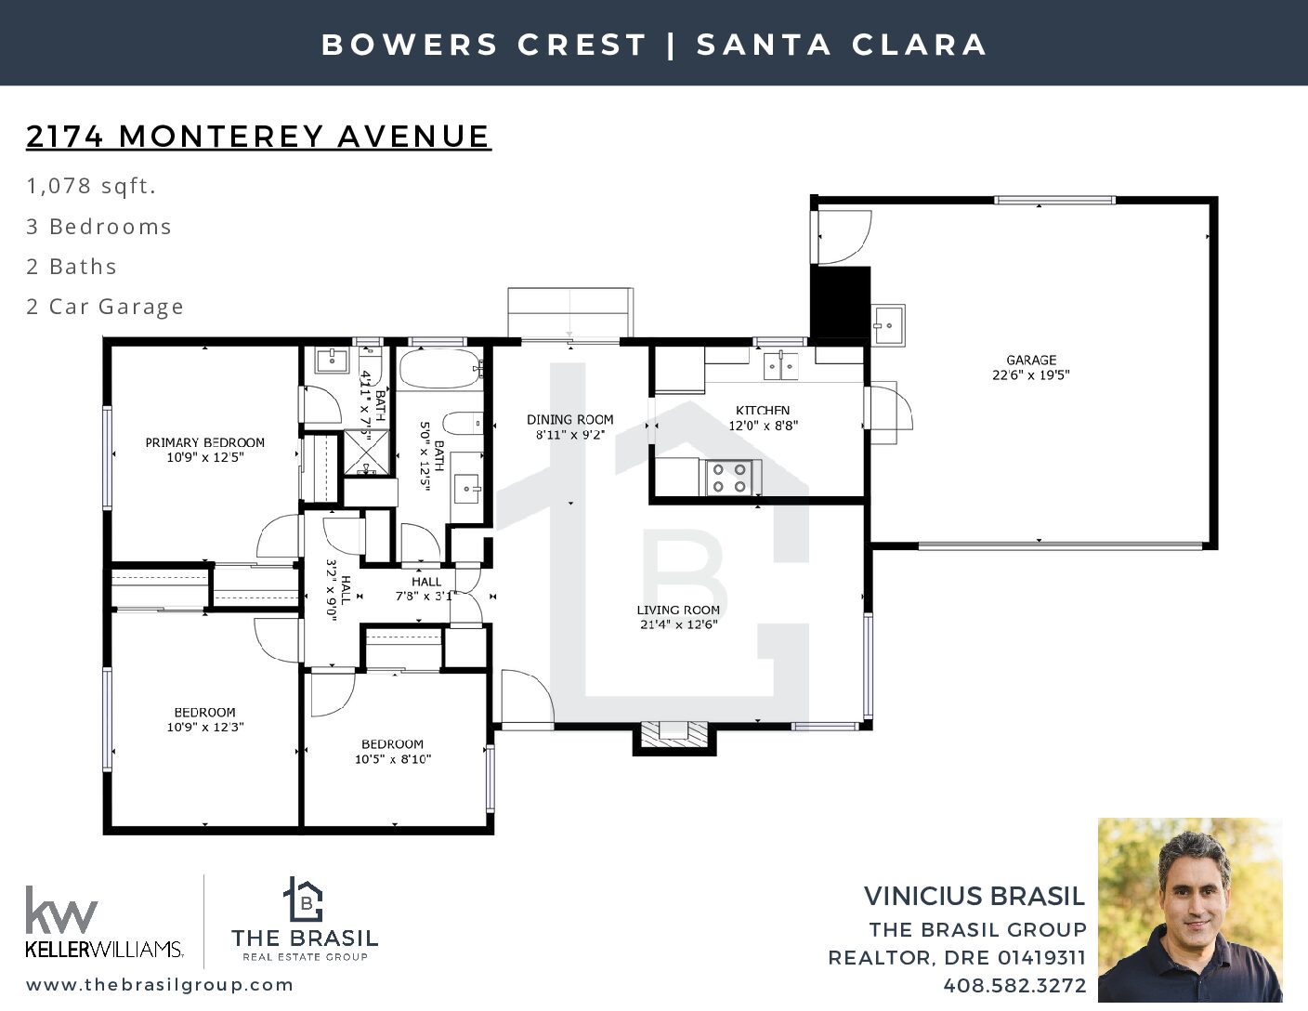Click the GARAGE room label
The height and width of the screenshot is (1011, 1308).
point(1030,361)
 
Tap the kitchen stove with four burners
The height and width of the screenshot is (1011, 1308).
point(729,478)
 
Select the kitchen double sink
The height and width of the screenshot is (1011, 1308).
point(780,366)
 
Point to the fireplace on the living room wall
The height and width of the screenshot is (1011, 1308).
point(674,738)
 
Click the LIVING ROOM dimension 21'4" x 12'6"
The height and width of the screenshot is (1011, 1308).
point(678,624)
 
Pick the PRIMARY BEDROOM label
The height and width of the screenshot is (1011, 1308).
point(204,442)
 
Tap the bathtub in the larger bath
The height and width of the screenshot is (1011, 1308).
point(440,369)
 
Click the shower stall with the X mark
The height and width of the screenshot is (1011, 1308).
point(366,453)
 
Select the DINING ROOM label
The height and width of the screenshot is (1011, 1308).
point(570,420)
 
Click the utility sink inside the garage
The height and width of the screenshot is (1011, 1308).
point(888,325)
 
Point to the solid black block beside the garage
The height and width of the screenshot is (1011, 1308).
point(841,302)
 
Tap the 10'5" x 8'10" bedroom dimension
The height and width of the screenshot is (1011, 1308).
point(392,759)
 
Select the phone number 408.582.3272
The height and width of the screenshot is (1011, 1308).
point(1014,986)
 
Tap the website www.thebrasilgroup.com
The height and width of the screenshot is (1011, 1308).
point(160,985)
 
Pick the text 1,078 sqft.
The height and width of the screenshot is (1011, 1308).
point(91,186)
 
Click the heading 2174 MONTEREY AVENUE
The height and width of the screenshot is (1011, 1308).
point(259,136)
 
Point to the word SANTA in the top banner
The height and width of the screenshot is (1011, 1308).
point(763,45)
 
